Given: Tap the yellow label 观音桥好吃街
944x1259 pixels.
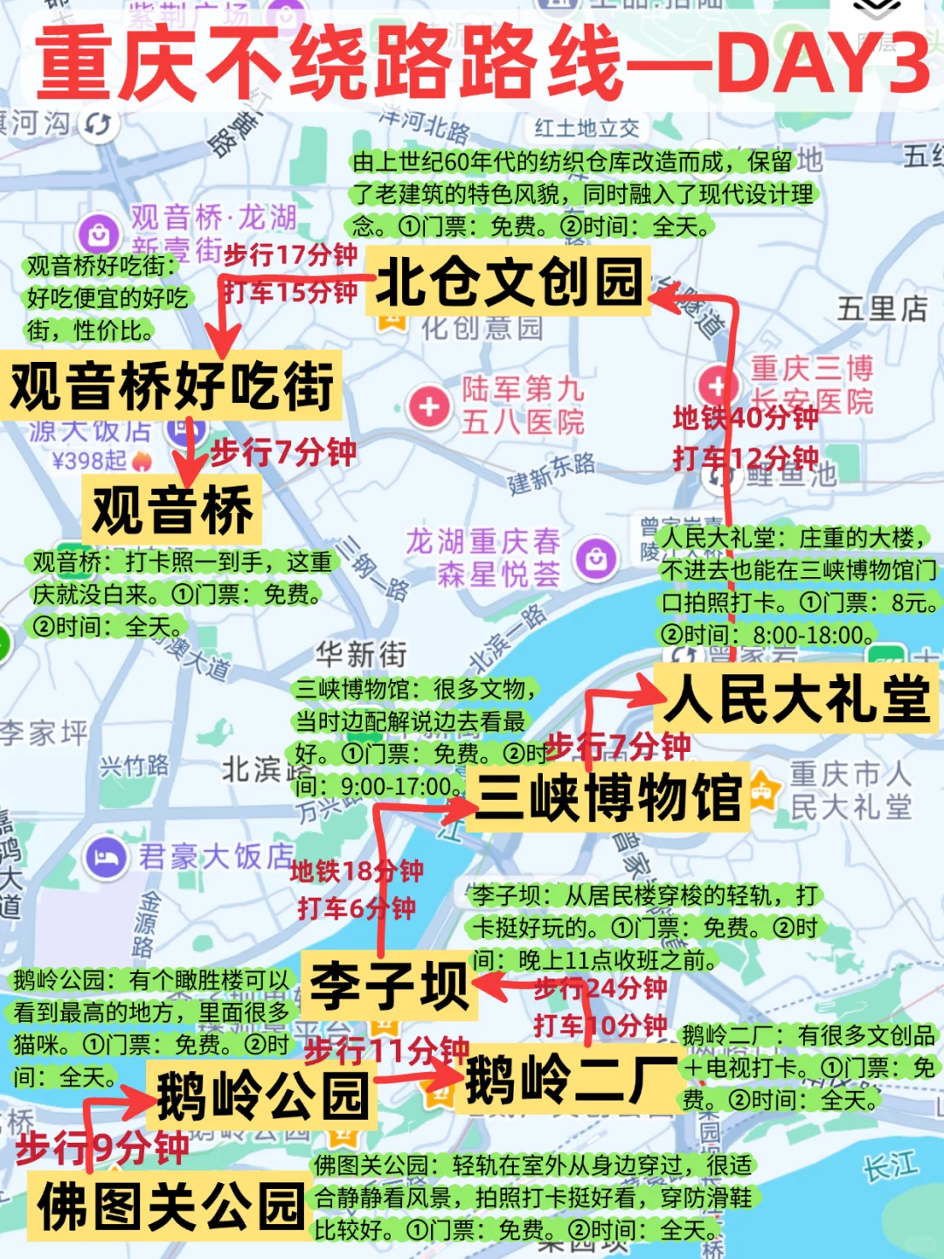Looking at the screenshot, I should coord(171,386).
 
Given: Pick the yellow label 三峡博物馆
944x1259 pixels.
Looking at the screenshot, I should coord(608,796).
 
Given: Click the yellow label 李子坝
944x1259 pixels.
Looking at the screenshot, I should coord(390,985).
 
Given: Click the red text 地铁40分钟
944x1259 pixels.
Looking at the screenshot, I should coord(745,418).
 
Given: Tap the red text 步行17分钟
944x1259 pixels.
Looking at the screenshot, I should coord(290,254).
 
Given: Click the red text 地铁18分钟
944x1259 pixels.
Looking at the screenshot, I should coord(357,871).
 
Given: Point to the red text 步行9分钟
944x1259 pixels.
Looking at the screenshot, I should coord(102,1147).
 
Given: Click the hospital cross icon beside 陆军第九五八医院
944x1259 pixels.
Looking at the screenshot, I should coord(429,407).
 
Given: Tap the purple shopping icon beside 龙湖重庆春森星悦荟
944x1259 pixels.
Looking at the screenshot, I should coord(597,557).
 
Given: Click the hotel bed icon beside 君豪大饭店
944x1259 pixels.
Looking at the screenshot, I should coord(107,857).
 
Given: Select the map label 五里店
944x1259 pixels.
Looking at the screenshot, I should coord(881,309).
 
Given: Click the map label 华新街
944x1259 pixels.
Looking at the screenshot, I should coord(361,654).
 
